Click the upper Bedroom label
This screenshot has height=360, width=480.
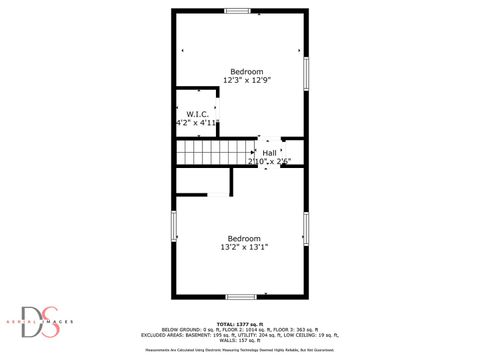point(246,72)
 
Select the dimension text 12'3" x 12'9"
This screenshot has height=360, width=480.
point(246,80)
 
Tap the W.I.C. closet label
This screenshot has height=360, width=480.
point(196,114)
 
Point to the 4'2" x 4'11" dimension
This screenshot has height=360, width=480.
point(196,123)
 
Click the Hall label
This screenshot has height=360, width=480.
point(269,153)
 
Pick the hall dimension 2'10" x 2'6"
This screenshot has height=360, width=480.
point(269,161)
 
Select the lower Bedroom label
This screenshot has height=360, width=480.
point(243,238)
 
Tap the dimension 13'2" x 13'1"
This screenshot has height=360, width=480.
point(243,246)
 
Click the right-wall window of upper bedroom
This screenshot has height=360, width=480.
point(306,72)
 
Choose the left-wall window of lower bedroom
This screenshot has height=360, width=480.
point(175,226)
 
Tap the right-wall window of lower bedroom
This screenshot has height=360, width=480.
point(306,226)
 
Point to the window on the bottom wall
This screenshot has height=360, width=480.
point(240,296)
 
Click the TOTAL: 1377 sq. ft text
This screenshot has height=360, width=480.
point(240,323)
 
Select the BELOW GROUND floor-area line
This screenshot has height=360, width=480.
point(240,329)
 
